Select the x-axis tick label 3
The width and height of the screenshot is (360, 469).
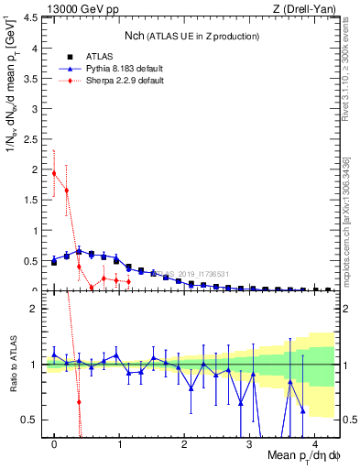click(250, 445)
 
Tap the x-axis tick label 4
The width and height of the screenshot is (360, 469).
click(314, 445)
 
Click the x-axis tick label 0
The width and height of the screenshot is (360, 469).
click(54, 445)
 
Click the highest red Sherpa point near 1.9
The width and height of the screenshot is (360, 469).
click(54, 173)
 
